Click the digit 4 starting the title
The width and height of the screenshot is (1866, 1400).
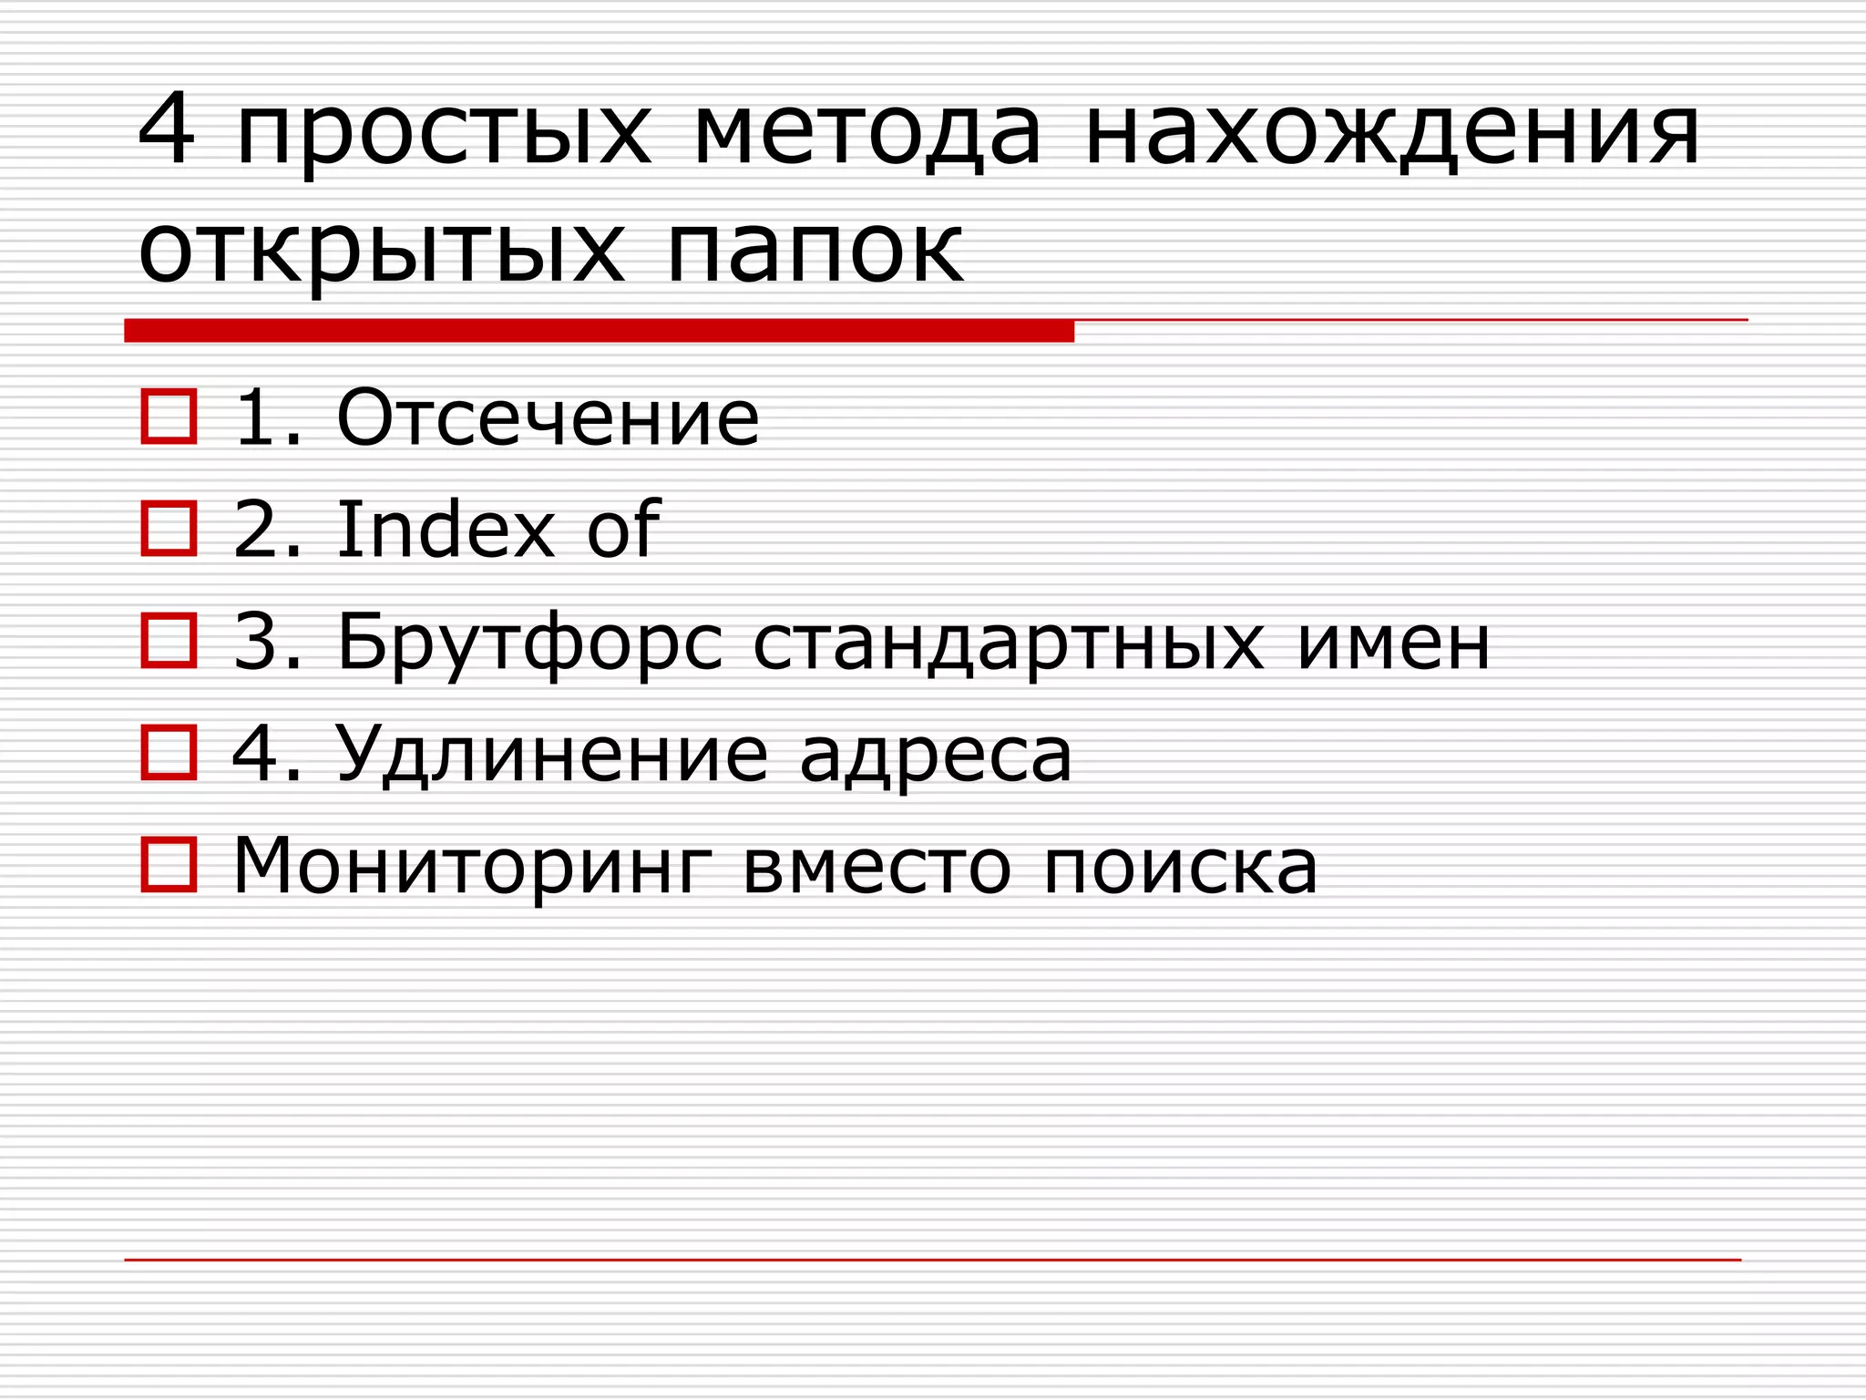coord(167,129)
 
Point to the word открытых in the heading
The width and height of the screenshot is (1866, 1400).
coord(382,251)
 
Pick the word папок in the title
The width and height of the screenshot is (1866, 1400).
coord(815,251)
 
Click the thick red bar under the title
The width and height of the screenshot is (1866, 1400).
coord(599,331)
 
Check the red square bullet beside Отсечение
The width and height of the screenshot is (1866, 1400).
coord(169,417)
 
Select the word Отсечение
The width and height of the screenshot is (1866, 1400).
coord(548,418)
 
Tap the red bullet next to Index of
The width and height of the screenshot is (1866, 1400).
coord(169,529)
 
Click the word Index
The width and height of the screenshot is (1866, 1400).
coord(446,530)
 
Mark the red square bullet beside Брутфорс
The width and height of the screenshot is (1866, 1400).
coord(169,641)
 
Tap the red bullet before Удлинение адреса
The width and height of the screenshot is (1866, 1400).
coord(169,753)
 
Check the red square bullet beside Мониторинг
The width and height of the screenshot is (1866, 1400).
coord(169,864)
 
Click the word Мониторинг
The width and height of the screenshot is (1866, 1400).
coord(472,867)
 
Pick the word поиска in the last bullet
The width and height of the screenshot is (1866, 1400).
coord(1180,867)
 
